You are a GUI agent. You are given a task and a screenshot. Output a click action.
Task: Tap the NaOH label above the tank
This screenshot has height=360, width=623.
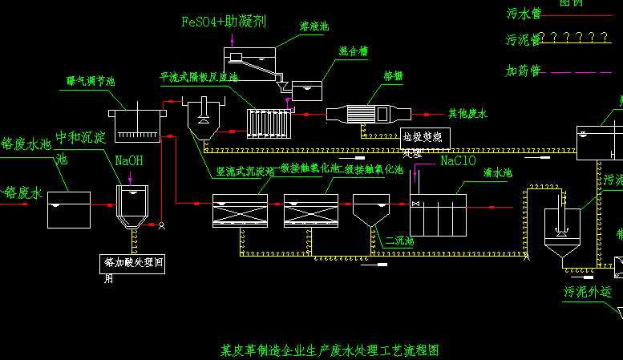coord(129,160)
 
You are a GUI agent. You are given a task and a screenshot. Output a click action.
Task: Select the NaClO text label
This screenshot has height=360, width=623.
coord(459,160)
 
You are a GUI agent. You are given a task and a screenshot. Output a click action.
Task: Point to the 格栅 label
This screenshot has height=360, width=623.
coord(393,76)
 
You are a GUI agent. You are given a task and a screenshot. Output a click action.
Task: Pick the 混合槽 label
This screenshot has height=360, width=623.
coord(353,51)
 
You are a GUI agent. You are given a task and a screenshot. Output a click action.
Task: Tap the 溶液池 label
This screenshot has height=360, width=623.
coord(314,27)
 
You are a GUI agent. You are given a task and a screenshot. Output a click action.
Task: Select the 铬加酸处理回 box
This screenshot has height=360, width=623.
coord(133,261)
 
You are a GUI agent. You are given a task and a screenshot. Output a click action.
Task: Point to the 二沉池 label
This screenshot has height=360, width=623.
coord(399,241)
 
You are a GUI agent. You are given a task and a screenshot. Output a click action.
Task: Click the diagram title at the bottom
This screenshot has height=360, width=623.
coord(330,350)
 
